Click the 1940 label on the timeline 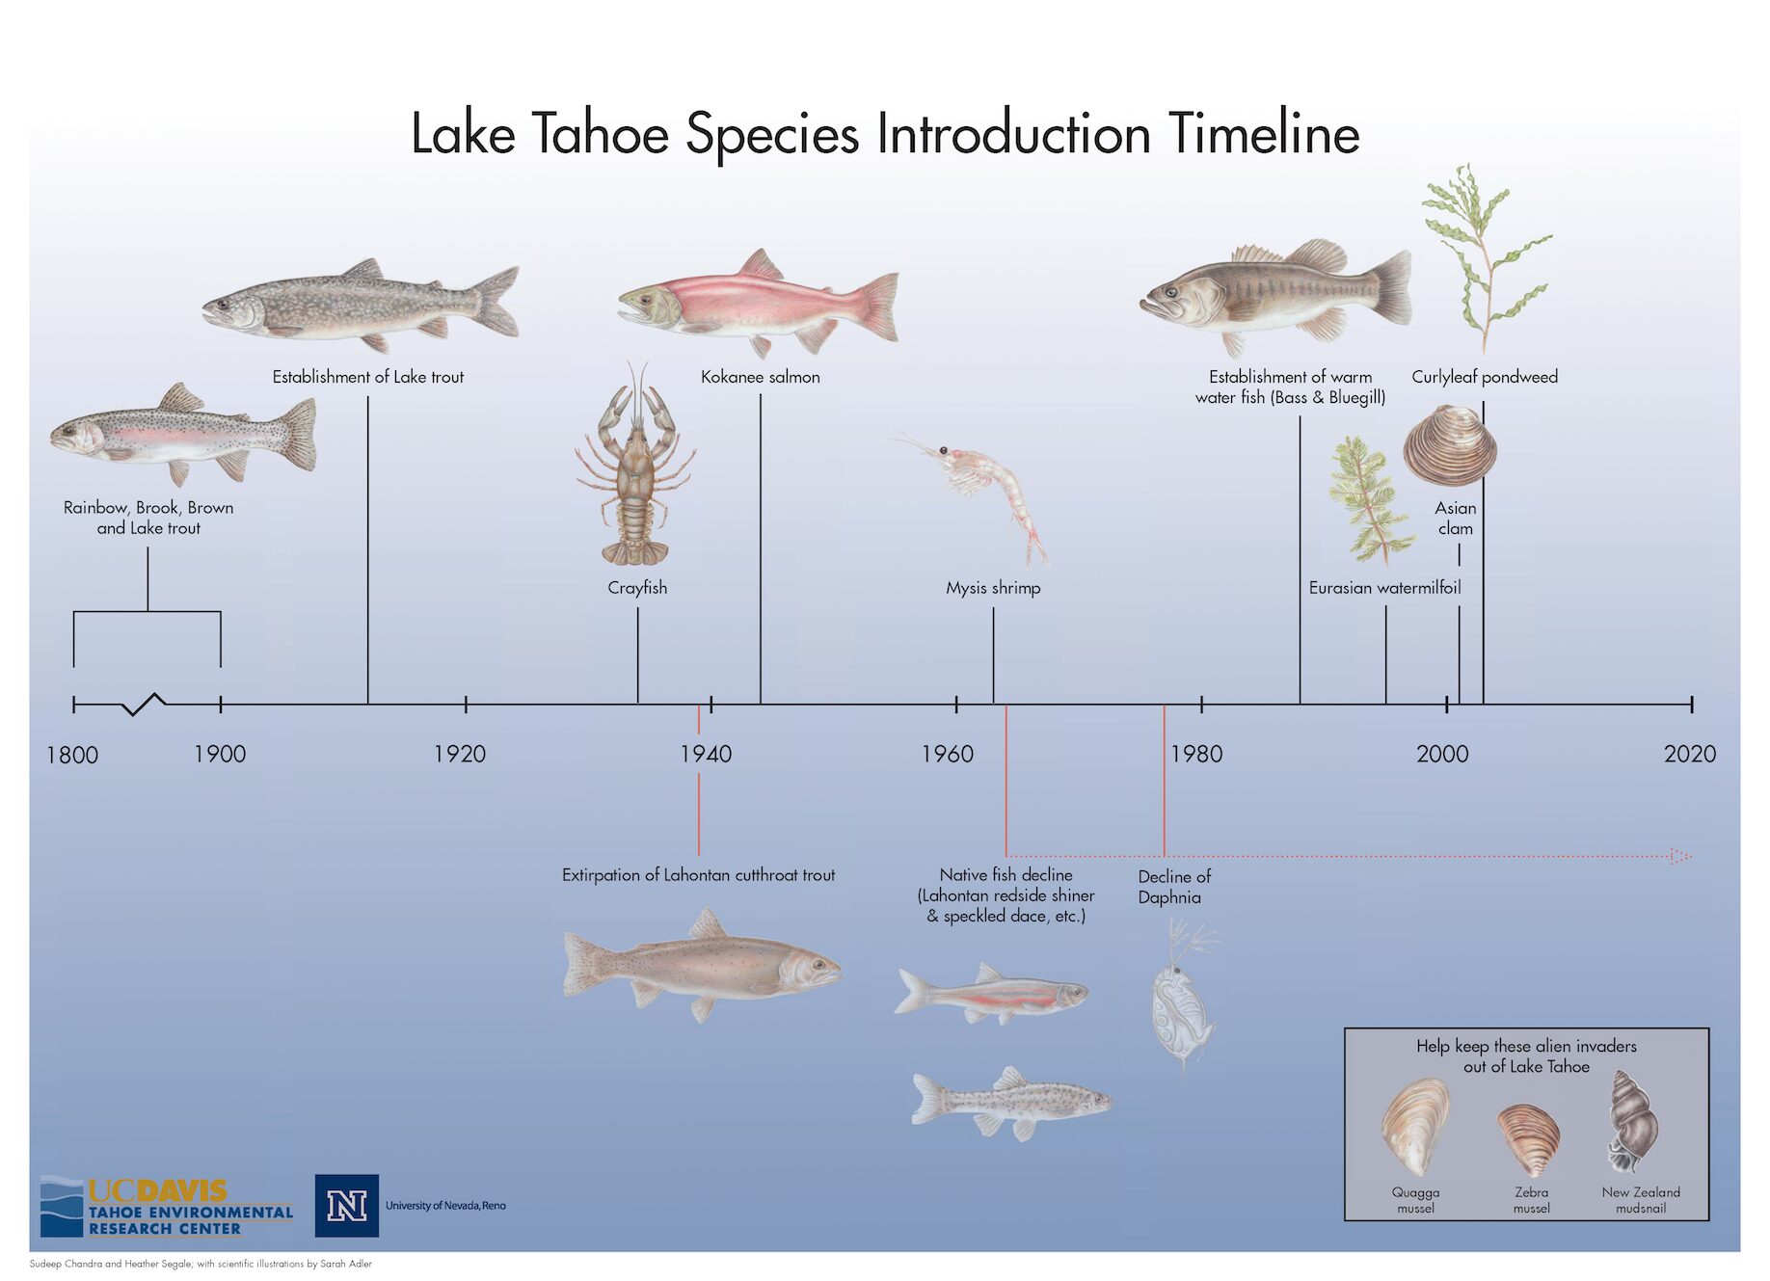point(706,754)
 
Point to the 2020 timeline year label point(1690,754)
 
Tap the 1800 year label point(72,755)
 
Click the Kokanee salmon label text point(761,377)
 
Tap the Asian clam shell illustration point(1449,444)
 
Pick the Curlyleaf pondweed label point(1485,377)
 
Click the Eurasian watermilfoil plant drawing point(1370,499)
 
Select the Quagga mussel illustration point(1415,1127)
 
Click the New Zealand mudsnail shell point(1631,1122)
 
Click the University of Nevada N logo point(347,1206)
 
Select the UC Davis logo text point(158,1191)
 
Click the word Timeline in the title point(1264,133)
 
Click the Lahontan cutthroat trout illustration point(702,966)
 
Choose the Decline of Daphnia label point(1173,887)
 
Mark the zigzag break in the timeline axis point(145,705)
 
